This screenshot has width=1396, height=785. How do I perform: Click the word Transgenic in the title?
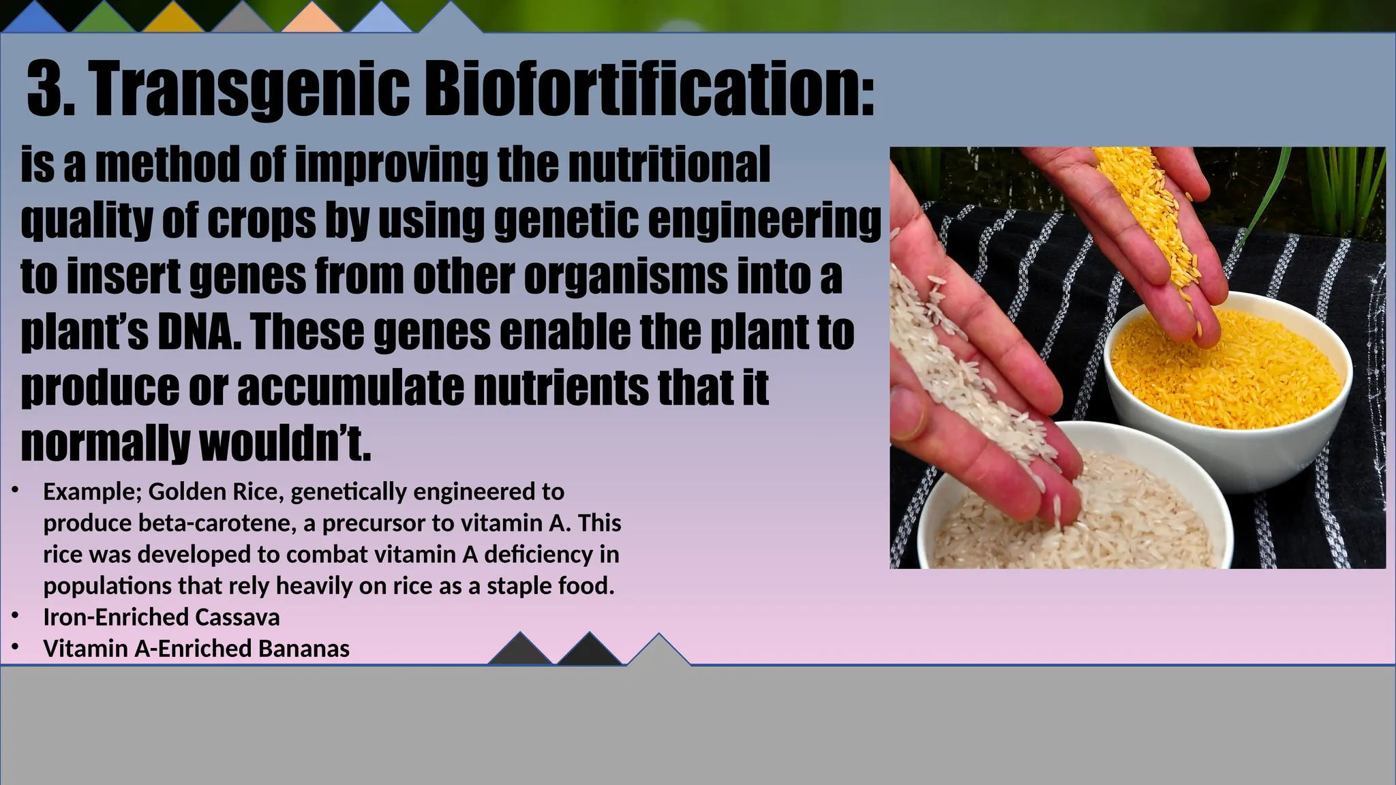tap(249, 90)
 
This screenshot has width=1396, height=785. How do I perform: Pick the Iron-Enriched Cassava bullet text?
tap(162, 617)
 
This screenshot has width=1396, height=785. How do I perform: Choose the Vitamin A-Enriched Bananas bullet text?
tap(196, 648)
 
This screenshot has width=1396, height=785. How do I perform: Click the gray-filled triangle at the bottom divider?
tap(658, 653)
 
